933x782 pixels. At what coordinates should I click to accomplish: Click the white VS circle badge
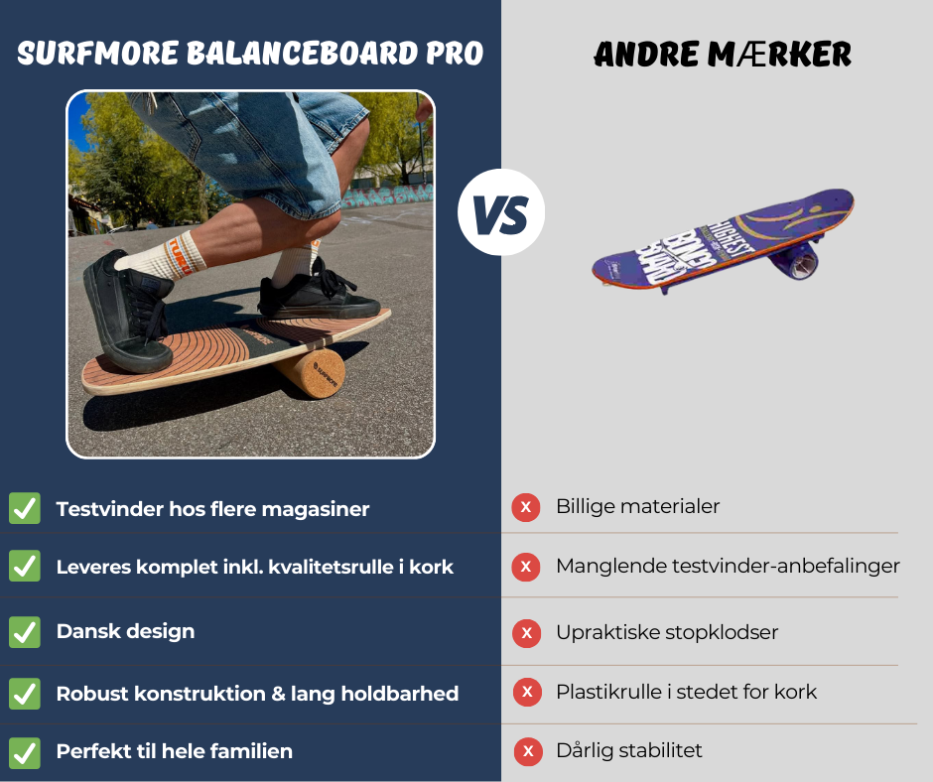click(501, 212)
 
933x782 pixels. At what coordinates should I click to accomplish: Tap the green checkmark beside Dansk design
click(25, 631)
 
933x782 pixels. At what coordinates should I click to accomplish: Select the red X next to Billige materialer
click(525, 507)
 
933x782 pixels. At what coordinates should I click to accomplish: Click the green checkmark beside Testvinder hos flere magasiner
click(25, 508)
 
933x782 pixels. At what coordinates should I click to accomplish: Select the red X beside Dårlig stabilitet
click(528, 751)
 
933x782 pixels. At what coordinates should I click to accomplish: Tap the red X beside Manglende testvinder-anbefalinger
click(525, 568)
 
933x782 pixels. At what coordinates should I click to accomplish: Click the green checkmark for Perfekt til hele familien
click(25, 751)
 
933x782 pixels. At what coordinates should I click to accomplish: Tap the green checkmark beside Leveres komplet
click(25, 567)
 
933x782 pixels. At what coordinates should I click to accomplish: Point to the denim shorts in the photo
click(248, 149)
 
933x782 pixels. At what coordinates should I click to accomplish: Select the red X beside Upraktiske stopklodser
click(526, 632)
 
